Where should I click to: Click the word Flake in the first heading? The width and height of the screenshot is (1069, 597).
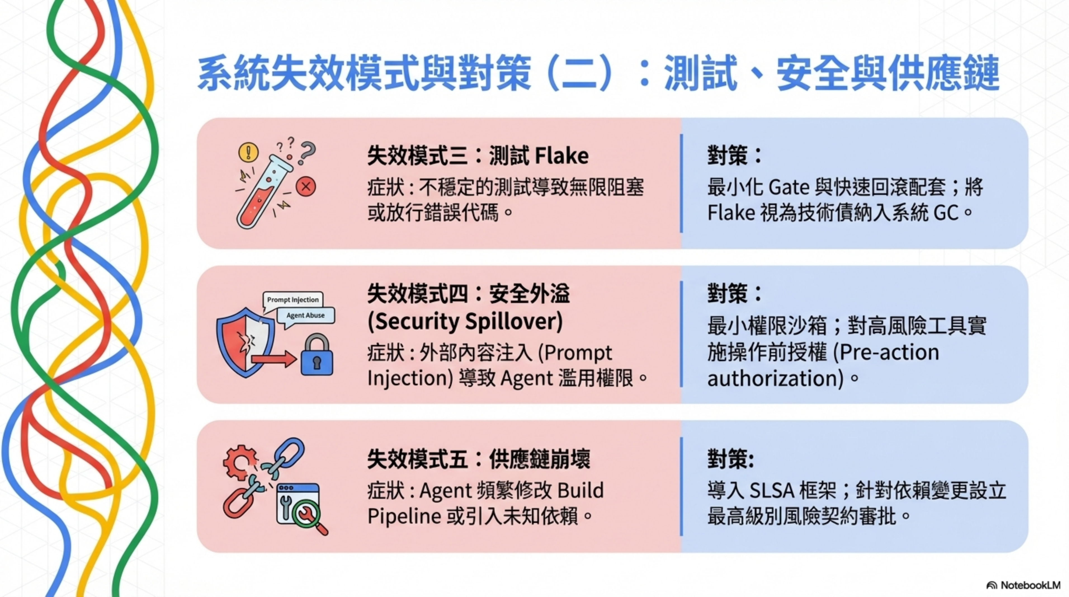[x=561, y=156]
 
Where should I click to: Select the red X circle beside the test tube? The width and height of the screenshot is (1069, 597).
[x=306, y=186]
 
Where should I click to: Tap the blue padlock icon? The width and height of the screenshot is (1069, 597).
[x=317, y=356]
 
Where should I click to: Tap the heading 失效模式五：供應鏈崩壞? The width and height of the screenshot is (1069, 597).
[x=478, y=460]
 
